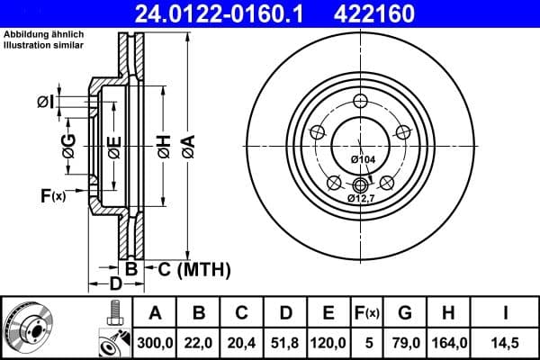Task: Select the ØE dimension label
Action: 113,147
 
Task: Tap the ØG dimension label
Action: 68,143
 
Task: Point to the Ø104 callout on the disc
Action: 362,159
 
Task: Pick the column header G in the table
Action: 404,313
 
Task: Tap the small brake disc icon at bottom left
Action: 29,326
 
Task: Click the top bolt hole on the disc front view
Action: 360,101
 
